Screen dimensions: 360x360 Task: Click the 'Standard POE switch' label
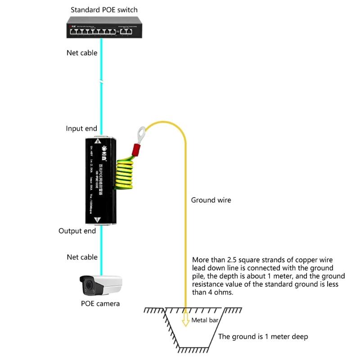tap(104, 9)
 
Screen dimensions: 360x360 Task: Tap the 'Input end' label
tap(81, 128)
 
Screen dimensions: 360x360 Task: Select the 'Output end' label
tap(77, 231)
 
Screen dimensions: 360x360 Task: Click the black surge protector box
tap(100, 180)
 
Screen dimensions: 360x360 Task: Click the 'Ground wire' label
tap(211, 200)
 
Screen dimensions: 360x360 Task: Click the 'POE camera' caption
tap(100, 303)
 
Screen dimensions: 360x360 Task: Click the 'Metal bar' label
tap(206, 320)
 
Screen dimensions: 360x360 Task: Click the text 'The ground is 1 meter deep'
tap(263, 336)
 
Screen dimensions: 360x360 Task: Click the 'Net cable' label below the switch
tap(82, 53)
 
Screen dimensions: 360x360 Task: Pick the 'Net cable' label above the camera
tap(82, 257)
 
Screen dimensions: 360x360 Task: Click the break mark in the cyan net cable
tap(102, 82)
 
